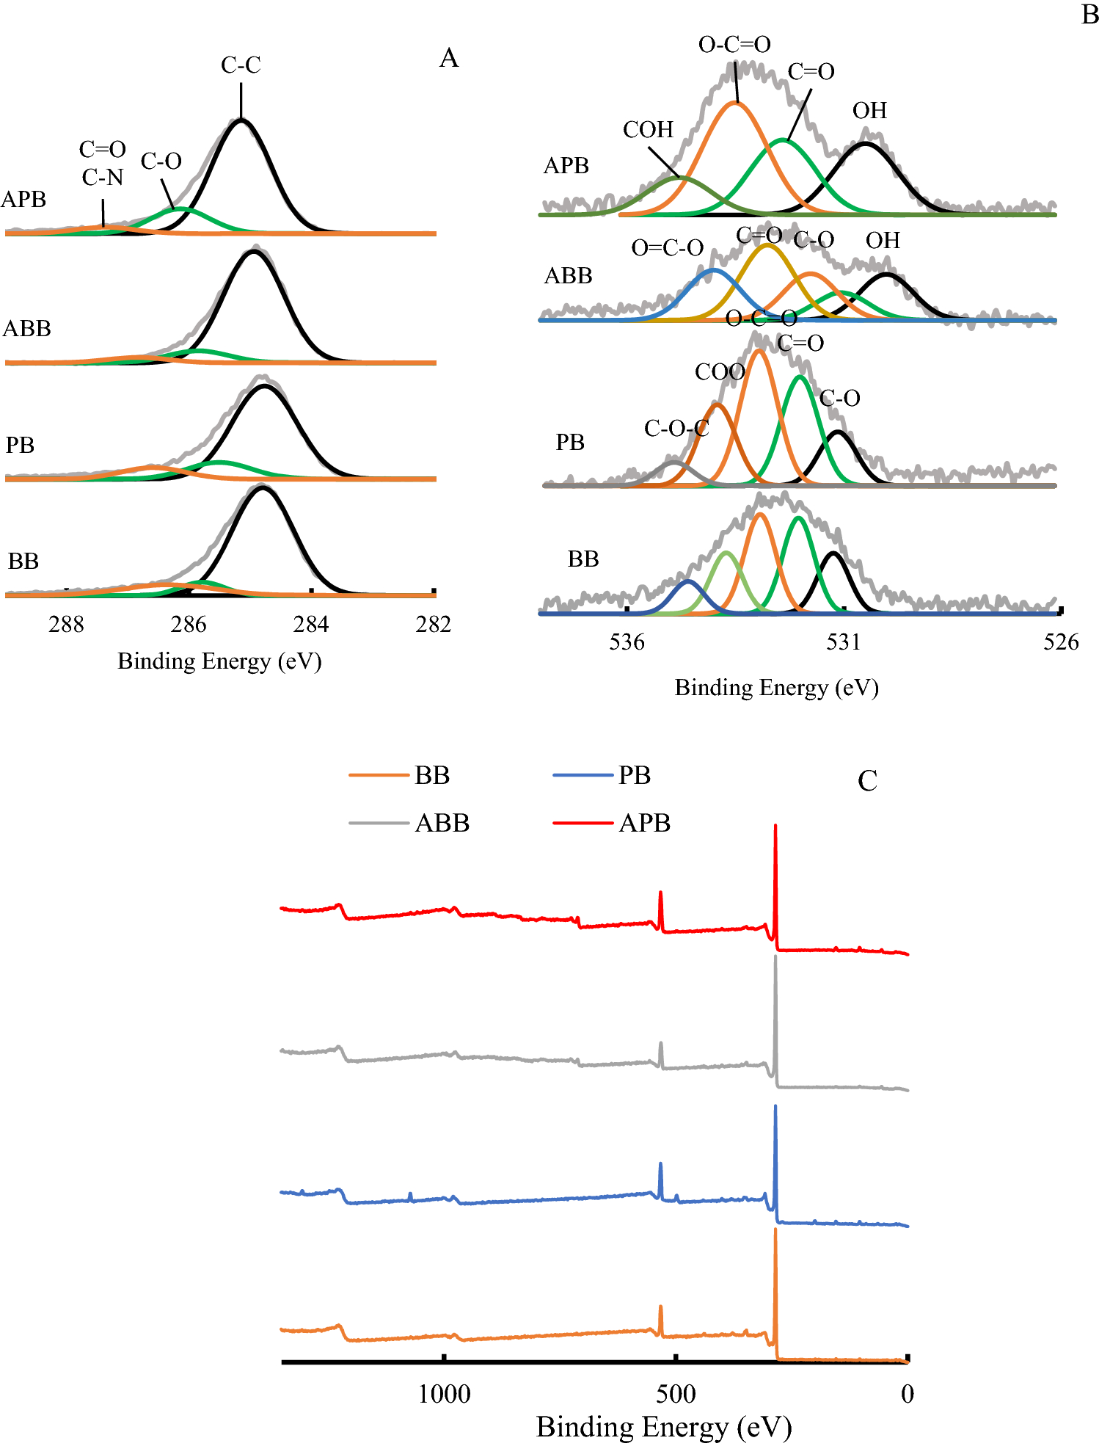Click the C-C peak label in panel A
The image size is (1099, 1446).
(241, 65)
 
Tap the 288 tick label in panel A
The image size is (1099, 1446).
(66, 625)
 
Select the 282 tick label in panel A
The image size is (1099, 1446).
(433, 625)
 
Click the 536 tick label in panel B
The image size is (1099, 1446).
(627, 642)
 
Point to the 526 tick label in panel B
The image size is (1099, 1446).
(1061, 642)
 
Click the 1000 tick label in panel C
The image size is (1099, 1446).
(444, 1394)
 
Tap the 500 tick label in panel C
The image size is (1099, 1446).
(676, 1394)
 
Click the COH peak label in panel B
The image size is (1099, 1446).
(648, 130)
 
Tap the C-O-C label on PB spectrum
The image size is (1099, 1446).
(676, 429)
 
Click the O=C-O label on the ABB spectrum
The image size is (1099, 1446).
(667, 248)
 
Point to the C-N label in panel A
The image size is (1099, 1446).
(103, 178)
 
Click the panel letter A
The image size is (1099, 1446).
(449, 58)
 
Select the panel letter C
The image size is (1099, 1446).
(867, 781)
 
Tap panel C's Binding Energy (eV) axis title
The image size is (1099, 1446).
(664, 1428)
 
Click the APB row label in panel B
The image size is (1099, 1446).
(566, 166)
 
